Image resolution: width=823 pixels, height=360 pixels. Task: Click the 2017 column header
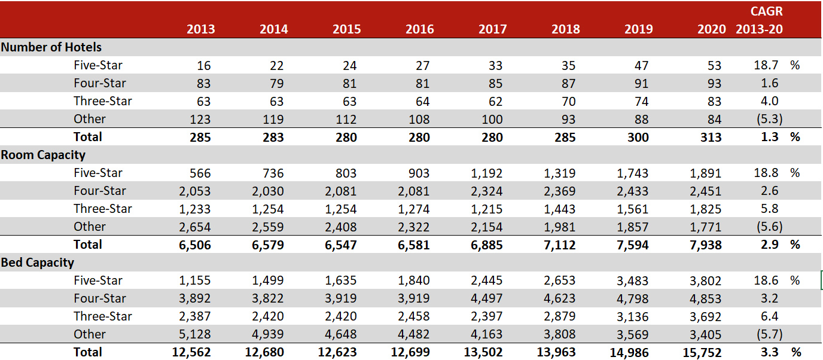[492, 29]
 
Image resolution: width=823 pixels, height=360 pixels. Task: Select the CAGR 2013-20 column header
[759, 20]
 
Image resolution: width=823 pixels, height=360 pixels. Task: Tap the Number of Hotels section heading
[51, 47]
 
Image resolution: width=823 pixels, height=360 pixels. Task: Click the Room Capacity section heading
[43, 155]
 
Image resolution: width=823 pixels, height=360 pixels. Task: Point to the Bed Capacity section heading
[38, 263]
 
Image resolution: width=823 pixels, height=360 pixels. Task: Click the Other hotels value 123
[200, 119]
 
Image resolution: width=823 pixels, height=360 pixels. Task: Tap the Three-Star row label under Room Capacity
[103, 209]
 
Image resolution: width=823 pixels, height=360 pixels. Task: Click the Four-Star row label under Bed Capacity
[100, 298]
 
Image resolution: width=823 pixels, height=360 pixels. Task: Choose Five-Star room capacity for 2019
[632, 173]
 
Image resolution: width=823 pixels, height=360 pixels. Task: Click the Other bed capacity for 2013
[196, 334]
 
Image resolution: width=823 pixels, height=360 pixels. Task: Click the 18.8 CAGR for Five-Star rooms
[766, 173]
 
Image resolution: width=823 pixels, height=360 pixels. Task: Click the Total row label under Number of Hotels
[88, 137]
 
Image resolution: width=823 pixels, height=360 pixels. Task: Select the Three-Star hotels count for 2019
[641, 101]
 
